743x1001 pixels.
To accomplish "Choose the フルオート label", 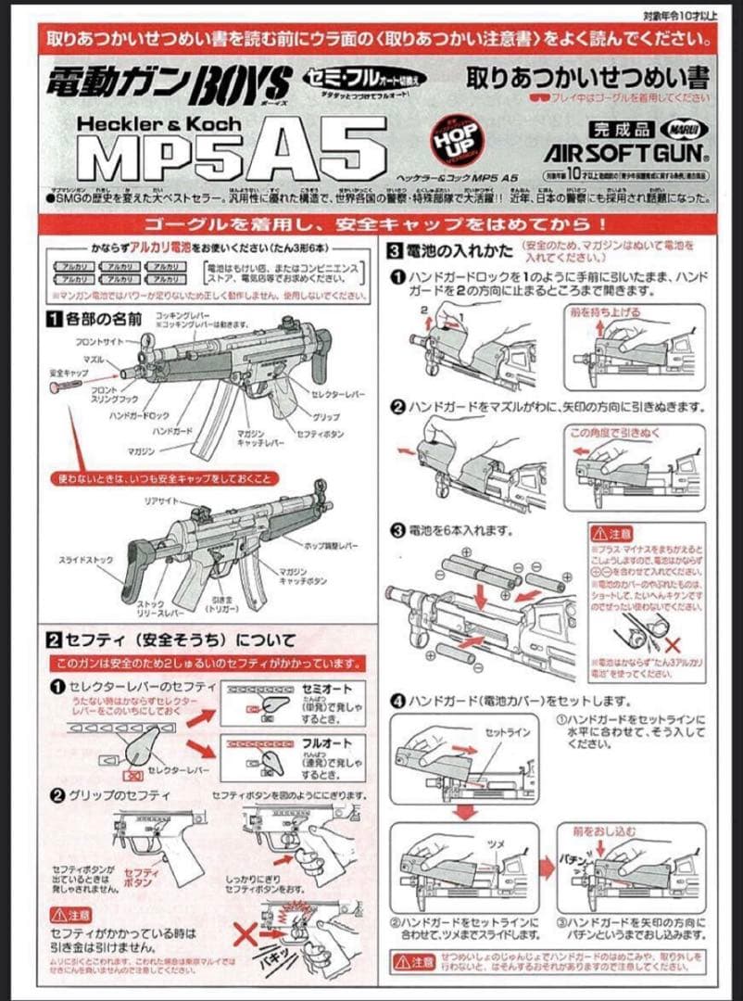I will (326, 743).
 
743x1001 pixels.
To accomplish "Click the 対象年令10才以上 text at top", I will (681, 14).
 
